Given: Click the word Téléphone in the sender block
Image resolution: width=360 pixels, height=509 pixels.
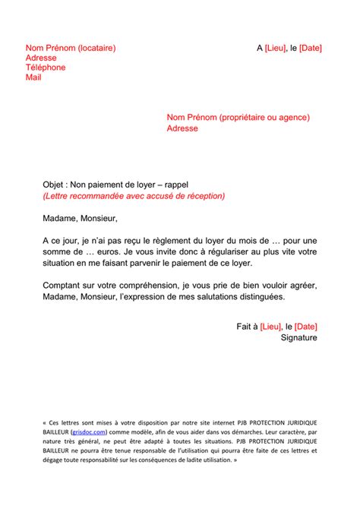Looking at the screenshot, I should (x=46, y=68).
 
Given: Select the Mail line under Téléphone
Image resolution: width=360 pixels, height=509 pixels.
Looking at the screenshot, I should (x=33, y=77).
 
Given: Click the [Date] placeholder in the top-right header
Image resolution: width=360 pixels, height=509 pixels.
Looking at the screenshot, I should (x=310, y=48).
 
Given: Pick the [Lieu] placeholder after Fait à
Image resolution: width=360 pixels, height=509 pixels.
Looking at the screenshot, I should (x=273, y=327).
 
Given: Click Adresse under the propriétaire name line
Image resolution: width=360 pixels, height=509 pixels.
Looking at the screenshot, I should (x=182, y=128).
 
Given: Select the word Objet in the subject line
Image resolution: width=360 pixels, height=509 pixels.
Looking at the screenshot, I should (x=54, y=185).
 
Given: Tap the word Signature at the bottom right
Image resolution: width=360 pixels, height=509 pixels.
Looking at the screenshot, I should (x=299, y=337).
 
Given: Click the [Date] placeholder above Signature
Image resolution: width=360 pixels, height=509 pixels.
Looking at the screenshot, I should (x=305, y=327).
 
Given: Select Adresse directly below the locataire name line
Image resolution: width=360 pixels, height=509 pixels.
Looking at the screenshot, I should (x=41, y=58).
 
